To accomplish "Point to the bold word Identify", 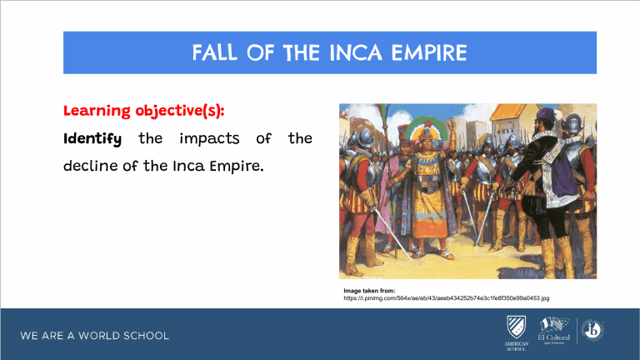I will (x=92, y=137).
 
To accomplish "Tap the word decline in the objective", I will (x=90, y=165).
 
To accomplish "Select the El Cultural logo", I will (x=552, y=331).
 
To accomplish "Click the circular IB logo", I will (x=592, y=330).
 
